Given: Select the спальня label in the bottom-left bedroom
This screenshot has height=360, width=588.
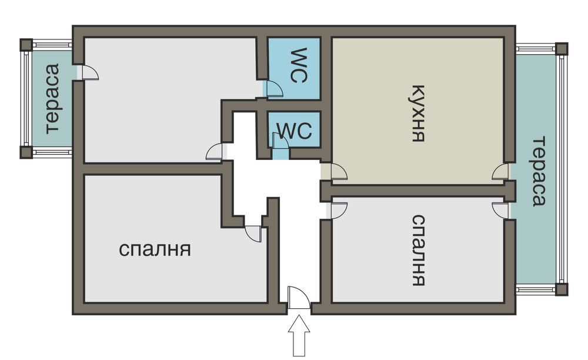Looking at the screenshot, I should tap(155, 249).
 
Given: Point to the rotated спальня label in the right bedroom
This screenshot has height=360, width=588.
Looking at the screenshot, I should tap(417, 250).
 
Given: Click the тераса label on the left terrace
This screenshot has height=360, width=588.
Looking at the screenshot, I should tap(52, 98).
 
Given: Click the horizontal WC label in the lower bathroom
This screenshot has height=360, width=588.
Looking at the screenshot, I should tap(294, 131).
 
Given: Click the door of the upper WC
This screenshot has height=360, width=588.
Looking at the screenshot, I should tap(273, 89).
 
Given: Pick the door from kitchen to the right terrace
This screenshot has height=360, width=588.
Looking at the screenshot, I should tap(500, 172).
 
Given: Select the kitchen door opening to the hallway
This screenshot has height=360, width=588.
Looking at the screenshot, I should tap(338, 172).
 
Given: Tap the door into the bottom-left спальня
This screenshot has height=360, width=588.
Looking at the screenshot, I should tap(253, 233).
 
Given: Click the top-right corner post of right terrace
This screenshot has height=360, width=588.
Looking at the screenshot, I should tap(562, 48).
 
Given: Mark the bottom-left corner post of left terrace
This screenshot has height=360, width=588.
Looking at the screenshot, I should tap(26, 152).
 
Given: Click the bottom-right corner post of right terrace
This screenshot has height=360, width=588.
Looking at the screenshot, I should tap(562, 289).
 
